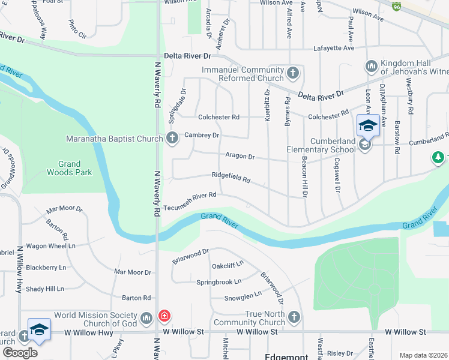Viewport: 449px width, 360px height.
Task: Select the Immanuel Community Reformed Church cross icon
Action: (293, 74)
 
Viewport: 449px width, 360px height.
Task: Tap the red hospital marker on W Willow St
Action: (163, 316)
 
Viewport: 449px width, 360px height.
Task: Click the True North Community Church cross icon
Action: (294, 317)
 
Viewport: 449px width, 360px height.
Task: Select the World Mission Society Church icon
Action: (146, 317)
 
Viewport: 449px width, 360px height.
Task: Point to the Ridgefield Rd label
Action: (231, 177)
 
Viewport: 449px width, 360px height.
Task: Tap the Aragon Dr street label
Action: (240, 157)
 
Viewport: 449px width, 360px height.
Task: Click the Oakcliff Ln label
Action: (228, 265)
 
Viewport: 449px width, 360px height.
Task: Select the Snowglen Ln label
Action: (243, 295)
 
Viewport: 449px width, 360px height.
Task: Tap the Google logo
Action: (19, 353)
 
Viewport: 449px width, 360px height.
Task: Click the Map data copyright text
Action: (424, 355)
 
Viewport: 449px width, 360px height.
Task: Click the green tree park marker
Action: (439, 158)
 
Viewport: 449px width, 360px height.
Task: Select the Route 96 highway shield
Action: (396, 5)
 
